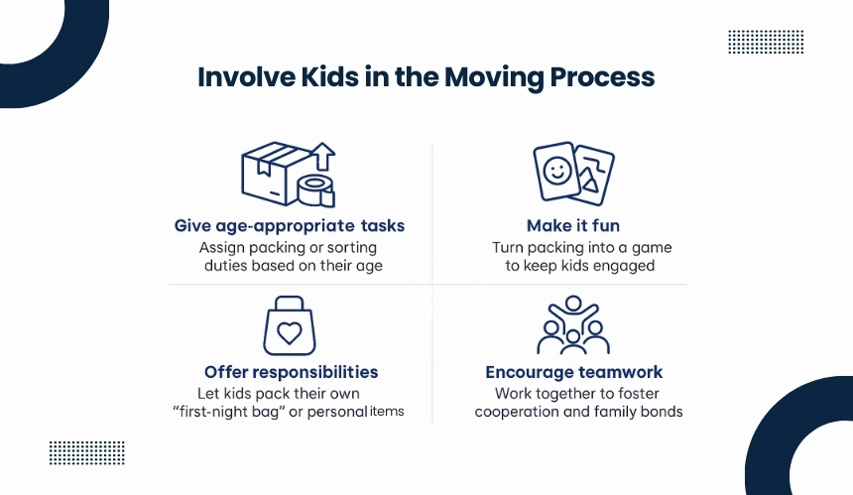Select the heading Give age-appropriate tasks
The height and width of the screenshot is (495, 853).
coord(290,226)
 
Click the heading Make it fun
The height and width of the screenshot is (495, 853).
coord(573,226)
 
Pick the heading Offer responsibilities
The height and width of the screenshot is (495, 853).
coord(291,372)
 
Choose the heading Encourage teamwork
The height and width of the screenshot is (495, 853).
coord(574,372)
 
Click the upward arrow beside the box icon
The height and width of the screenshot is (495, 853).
coord(324,156)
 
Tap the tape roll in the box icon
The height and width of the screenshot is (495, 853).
coord(315,190)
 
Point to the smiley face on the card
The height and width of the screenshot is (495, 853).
coord(557,171)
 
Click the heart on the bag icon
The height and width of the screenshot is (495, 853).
coord(290,333)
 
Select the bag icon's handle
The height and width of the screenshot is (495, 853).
coord(290,304)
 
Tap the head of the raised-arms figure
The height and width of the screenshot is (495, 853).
coord(573,304)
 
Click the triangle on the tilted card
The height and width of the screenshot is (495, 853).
coord(590,184)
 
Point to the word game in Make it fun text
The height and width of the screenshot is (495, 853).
coord(652,248)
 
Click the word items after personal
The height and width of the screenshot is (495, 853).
coord(387,412)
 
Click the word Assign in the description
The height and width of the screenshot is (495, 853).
coord(221,248)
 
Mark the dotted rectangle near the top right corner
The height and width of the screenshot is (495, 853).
coord(766,42)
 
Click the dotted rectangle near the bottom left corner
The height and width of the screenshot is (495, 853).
coord(87,453)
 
